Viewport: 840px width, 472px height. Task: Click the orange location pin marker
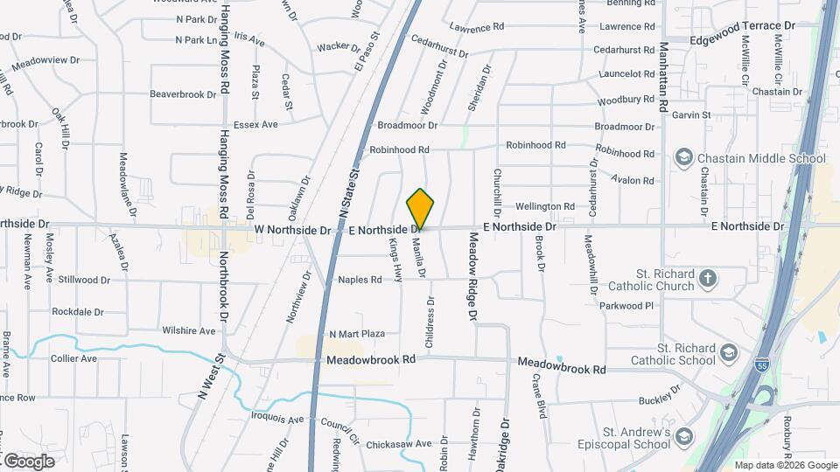coord(421,209)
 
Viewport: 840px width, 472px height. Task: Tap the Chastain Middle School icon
coord(684,158)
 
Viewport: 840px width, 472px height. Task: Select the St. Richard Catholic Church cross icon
coord(708,280)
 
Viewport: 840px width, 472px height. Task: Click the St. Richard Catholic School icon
coord(728,354)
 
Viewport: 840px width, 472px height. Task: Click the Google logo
coord(29,461)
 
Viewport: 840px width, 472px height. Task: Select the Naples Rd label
coord(360,280)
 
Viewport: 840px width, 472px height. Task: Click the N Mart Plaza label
coord(357,334)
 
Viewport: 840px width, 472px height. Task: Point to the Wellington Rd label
coord(544,206)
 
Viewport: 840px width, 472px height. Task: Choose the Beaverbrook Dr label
coord(183,94)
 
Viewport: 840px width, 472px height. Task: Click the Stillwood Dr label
coord(83,281)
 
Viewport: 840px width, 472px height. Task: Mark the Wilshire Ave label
coord(188,331)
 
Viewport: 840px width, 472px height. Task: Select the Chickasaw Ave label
coord(399,443)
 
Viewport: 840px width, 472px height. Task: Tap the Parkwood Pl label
coord(626,306)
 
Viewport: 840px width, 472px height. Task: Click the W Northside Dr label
coord(293,231)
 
